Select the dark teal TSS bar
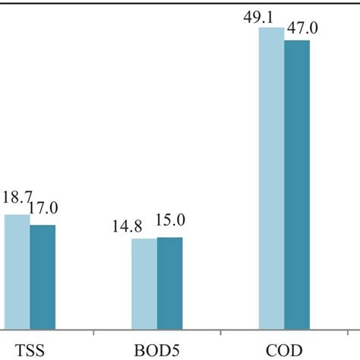(43, 276)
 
